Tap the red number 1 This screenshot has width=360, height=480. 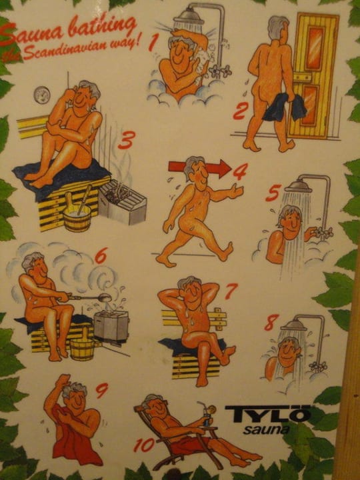(153, 43)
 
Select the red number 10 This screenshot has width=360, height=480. (143, 445)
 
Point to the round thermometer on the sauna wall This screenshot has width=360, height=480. (41, 95)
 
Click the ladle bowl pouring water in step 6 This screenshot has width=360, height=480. (103, 296)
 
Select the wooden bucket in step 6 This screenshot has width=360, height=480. (82, 347)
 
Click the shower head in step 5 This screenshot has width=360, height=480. (297, 186)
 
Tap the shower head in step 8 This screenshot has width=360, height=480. (293, 325)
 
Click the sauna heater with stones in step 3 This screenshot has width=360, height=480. (123, 201)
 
